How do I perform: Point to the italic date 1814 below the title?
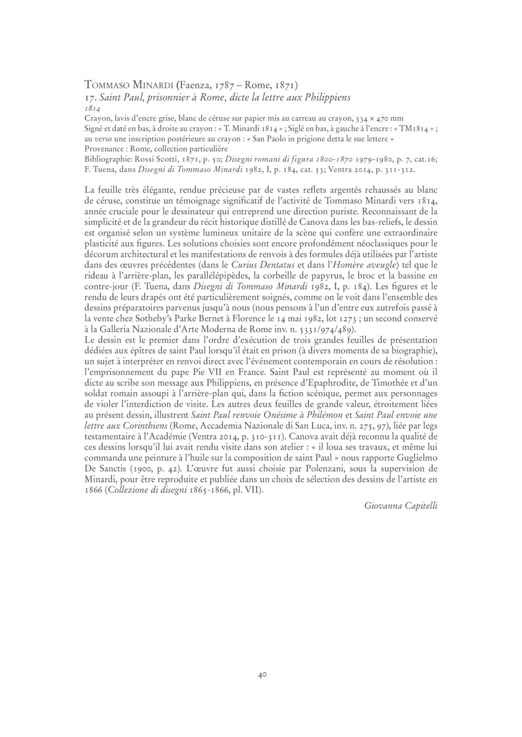92,109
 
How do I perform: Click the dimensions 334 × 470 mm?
376,118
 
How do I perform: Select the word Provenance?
103,148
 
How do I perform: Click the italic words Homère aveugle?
370,265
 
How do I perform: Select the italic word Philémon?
325,415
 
